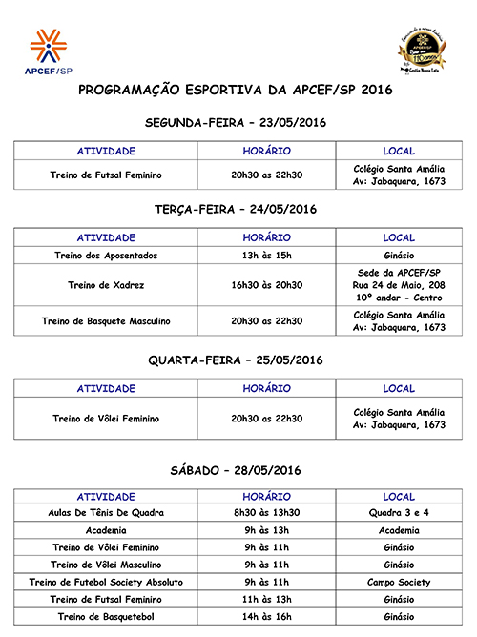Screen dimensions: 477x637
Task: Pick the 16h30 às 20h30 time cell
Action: click(x=266, y=285)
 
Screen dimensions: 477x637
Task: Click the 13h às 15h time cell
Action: click(x=266, y=256)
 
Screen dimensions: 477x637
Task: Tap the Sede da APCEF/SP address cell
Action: click(x=399, y=285)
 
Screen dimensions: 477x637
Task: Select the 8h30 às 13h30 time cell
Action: click(x=266, y=513)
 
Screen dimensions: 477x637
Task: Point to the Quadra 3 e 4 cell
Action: click(x=399, y=513)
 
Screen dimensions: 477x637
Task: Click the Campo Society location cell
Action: click(x=399, y=582)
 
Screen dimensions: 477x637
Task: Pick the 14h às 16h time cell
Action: click(x=266, y=617)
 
